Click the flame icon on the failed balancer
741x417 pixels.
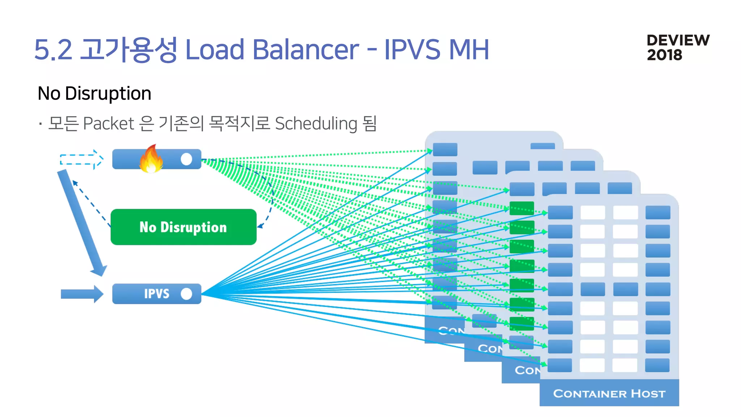point(151,159)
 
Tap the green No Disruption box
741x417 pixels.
point(183,227)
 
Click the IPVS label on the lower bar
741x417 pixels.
point(156,294)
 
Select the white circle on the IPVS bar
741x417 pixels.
point(186,294)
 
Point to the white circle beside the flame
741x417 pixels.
point(186,159)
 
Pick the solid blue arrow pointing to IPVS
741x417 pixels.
point(82,294)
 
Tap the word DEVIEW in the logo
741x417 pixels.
point(678,40)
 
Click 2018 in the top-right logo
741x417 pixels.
point(664,55)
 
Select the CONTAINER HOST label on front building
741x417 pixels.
point(609,393)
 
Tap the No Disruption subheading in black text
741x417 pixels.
point(94,93)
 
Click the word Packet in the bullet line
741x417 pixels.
point(109,123)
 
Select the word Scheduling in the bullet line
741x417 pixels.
point(316,123)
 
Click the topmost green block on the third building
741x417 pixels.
point(521,208)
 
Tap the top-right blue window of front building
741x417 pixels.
point(658,212)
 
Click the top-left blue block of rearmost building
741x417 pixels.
point(445,149)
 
